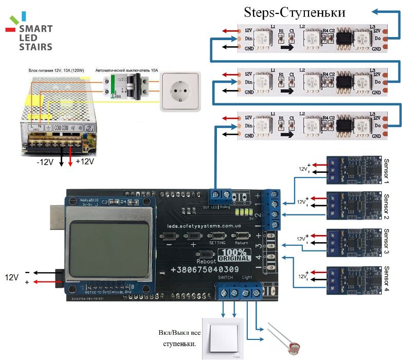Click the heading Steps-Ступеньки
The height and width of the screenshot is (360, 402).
(295, 12)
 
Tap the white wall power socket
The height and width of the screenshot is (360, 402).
(179, 91)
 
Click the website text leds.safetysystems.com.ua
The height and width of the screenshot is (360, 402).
(204, 225)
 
